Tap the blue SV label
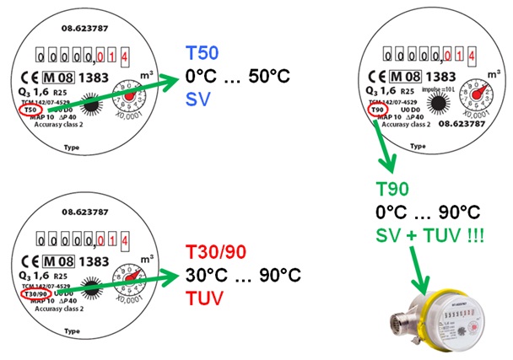pos(197,99)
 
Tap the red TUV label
pos(205,298)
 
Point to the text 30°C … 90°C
pos(242,275)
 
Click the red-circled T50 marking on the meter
pos(31,110)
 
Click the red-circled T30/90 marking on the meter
pos(35,294)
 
